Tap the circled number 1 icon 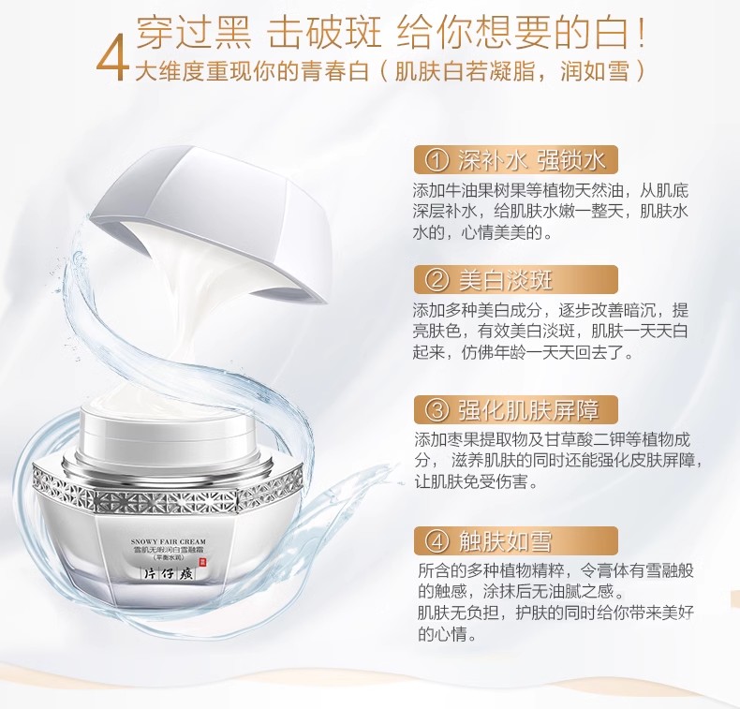[x=437, y=161]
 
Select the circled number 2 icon [x=437, y=281]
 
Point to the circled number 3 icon [x=437, y=410]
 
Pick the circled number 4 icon [x=437, y=541]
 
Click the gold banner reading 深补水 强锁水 [x=516, y=160]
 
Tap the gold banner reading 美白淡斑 [x=516, y=281]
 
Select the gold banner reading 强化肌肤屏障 [x=516, y=410]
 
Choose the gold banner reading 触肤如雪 [x=516, y=540]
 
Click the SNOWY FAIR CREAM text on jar [x=169, y=542]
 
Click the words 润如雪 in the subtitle [x=595, y=72]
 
